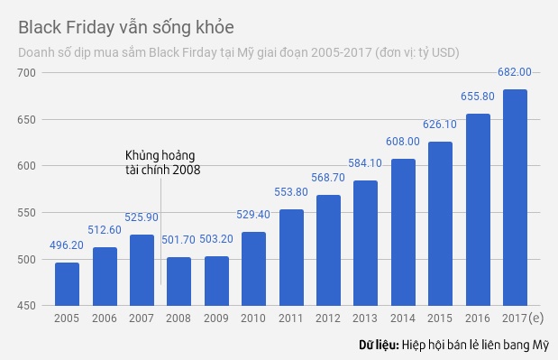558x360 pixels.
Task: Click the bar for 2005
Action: point(67,284)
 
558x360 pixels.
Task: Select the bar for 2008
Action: point(178,282)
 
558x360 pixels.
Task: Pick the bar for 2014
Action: point(403,233)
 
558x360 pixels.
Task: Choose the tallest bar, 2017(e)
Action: point(515,198)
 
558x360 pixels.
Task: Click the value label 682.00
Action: point(515,71)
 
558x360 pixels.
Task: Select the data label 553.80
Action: point(291,192)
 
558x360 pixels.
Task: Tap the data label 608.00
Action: point(403,142)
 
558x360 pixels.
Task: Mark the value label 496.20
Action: point(67,245)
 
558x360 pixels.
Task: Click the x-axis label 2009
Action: point(216,318)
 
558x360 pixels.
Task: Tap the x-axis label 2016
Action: point(478,318)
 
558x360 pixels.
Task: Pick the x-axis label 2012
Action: point(328,318)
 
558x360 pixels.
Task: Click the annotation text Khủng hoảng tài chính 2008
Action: point(162,162)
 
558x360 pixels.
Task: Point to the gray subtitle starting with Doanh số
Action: point(239,51)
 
